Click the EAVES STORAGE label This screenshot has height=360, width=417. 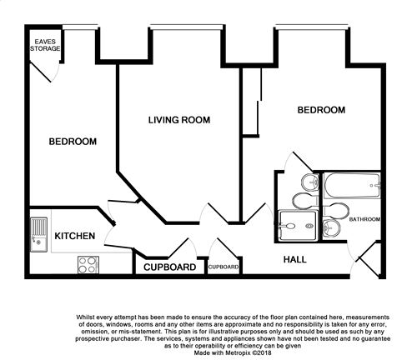coord(46,44)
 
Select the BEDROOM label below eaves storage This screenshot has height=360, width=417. coord(73,142)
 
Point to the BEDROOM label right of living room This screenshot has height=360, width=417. coord(321,110)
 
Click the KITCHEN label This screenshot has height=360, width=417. coord(74,237)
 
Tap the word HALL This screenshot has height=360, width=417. coord(294,260)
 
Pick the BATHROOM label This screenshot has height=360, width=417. coord(364,219)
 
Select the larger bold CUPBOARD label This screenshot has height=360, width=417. coord(170,267)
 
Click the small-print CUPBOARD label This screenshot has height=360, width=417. coord(224,267)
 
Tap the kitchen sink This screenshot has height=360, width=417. coord(39,232)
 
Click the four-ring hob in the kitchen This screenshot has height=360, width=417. coord(88,265)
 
